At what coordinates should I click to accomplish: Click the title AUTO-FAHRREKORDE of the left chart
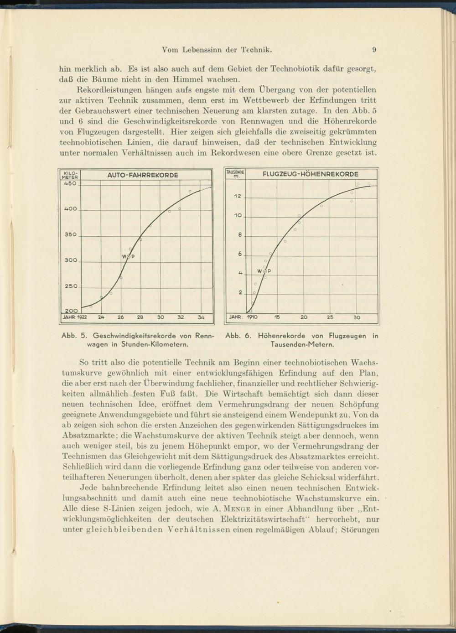pyautogui.click(x=143, y=175)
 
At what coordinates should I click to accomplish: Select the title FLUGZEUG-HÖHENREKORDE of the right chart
pyautogui.click(x=311, y=174)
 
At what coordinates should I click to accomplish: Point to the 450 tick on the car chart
pyautogui.click(x=69, y=184)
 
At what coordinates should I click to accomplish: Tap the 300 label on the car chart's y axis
pyautogui.click(x=71, y=260)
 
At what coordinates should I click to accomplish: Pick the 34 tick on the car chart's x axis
pyautogui.click(x=201, y=317)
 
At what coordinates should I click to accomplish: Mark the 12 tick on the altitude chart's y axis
pyautogui.click(x=238, y=197)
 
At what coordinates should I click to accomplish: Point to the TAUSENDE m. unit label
pyautogui.click(x=236, y=174)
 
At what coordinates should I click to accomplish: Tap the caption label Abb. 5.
pyautogui.click(x=71, y=336)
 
